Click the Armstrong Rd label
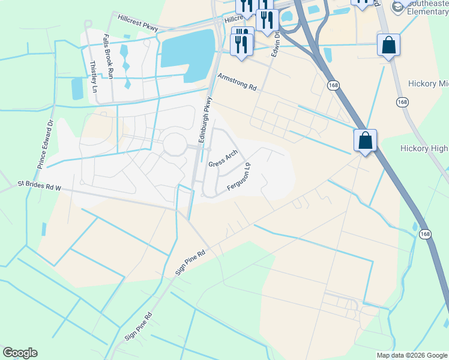(237, 82)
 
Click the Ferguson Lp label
(238, 177)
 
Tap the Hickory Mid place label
(428, 83)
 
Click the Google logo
(20, 353)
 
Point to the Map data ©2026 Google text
(412, 355)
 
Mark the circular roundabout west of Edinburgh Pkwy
(175, 144)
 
